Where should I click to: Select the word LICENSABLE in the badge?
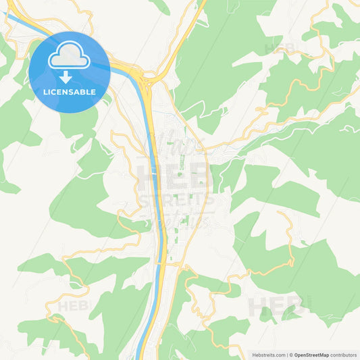point(69,91)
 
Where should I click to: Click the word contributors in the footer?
point(343,355)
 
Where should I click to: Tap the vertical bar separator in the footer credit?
point(289,355)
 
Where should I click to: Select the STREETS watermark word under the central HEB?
point(176,201)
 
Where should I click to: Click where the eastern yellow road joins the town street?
point(206,149)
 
